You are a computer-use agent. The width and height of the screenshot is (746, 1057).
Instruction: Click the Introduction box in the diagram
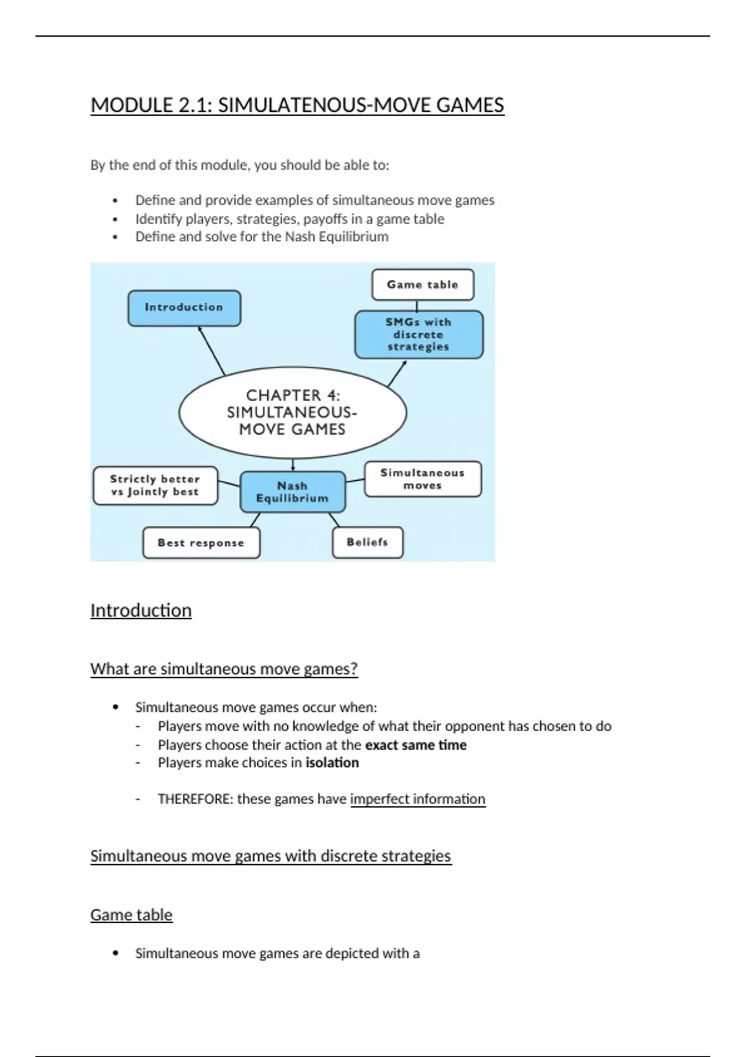coord(184,308)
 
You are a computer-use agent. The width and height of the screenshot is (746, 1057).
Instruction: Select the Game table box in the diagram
coord(423,285)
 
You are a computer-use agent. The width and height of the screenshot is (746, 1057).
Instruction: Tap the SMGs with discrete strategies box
coord(418,335)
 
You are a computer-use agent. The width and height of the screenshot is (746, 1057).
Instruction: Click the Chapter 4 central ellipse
coord(292,412)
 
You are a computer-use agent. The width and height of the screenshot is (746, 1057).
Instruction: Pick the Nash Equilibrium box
coord(292,492)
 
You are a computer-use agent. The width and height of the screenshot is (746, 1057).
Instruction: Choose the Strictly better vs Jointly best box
coord(155,486)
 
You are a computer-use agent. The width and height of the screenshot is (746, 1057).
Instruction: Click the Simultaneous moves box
coord(423,479)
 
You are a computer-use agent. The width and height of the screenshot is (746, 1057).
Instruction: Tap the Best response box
coord(201,543)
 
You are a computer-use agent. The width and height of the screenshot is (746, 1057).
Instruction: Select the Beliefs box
coord(367,542)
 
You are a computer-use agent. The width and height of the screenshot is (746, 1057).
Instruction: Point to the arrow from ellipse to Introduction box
coord(212,351)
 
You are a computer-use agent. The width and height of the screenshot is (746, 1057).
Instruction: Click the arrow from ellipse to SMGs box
coord(397,374)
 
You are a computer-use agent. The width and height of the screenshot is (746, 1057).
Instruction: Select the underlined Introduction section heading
coord(141,611)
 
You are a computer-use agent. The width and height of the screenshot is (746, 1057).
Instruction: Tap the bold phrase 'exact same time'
coord(416,745)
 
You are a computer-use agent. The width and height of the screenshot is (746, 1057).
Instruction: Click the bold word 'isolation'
coord(332,763)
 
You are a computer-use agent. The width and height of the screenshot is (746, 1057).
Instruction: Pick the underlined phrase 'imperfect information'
coord(418,799)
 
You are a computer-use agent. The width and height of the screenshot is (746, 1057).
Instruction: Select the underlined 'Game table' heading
coord(131,915)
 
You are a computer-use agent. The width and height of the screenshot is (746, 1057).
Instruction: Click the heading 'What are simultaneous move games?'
coord(224,669)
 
